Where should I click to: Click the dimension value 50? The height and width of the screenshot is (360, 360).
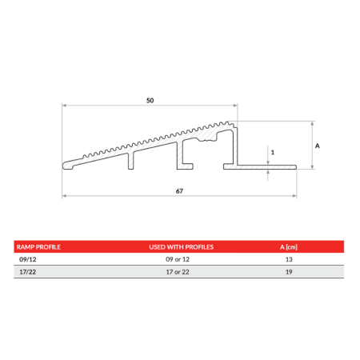tap(150, 100)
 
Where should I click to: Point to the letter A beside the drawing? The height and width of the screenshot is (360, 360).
tap(318, 146)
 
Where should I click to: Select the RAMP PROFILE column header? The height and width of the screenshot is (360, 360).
tap(39, 247)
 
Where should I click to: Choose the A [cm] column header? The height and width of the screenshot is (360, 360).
tap(289, 247)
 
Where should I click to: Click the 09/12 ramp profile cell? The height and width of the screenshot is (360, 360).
tap(26, 260)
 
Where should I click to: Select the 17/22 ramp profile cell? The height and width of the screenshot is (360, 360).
tap(26, 273)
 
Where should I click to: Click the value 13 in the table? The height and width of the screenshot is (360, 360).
tap(288, 260)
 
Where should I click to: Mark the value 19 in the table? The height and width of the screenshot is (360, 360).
tap(288, 273)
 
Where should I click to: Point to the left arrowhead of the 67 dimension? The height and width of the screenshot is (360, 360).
tap(65, 197)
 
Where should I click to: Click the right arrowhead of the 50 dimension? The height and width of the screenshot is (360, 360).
tap(235, 106)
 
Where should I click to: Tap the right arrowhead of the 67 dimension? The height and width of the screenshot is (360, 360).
tap(296, 197)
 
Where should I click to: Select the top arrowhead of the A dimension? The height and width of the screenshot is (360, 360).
tap(312, 124)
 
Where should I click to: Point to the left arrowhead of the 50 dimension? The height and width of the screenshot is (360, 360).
tap(65, 106)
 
